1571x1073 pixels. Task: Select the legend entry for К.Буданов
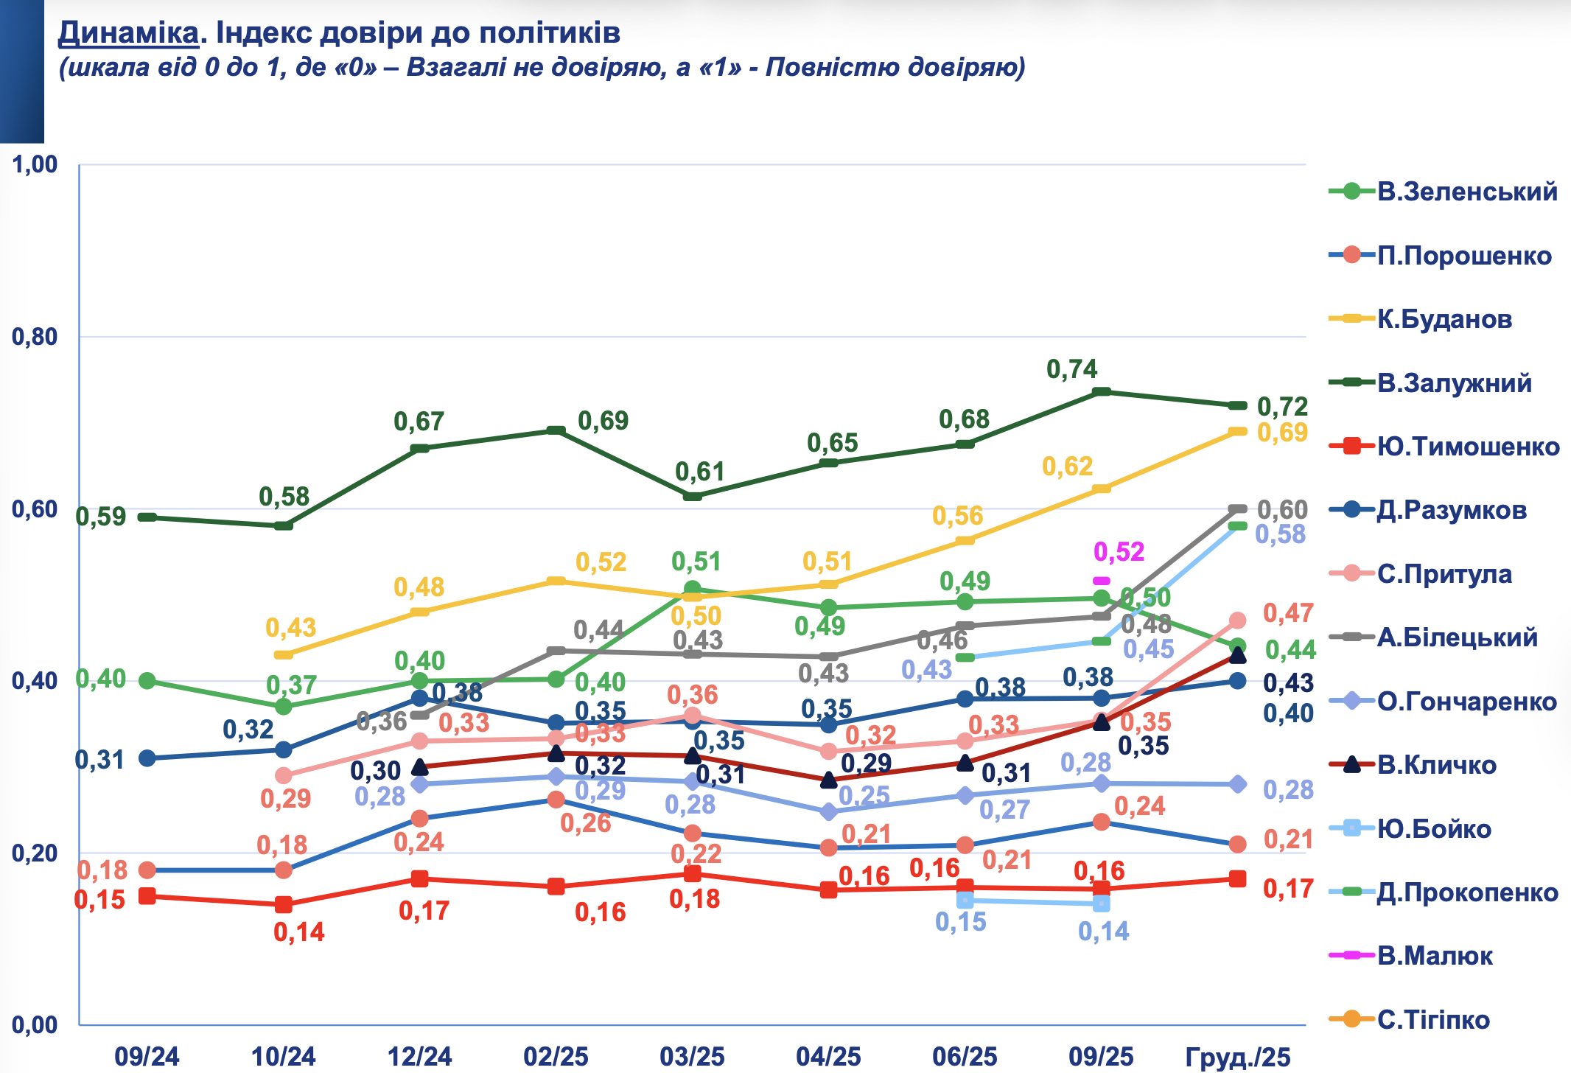coord(1444,319)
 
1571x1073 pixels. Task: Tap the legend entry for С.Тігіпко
coord(1433,1020)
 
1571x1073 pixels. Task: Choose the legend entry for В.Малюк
coord(1435,956)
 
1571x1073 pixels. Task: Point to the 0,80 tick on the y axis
coord(35,337)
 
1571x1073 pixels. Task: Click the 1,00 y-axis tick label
coord(35,164)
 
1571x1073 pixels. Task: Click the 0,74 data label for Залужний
coord(1072,369)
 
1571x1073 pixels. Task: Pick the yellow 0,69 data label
coord(1282,433)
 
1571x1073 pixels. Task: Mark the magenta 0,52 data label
coord(1119,551)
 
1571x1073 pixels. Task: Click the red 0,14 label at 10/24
coord(299,932)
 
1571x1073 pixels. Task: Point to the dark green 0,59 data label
coord(101,517)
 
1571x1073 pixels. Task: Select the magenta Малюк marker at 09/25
coord(1102,581)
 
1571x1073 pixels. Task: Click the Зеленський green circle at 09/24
coord(147,680)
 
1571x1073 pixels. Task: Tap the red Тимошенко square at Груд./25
coord(1238,878)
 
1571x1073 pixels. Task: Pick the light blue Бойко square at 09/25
coord(1102,904)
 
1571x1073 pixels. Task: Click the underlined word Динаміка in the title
coord(128,33)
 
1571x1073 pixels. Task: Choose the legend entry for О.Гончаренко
coord(1466,702)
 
